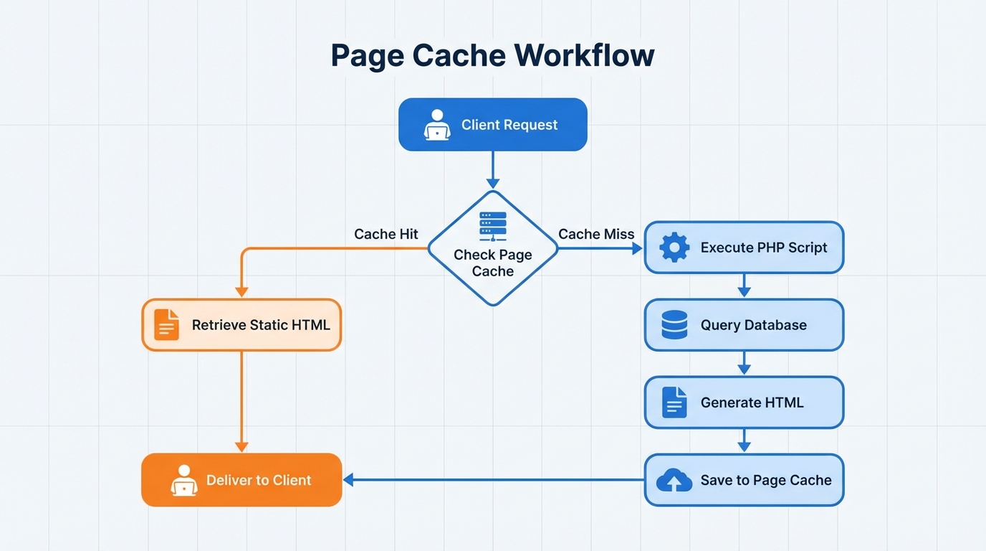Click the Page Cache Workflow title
492,56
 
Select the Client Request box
492,125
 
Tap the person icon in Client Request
436,125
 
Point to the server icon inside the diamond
492,226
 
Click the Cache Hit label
386,234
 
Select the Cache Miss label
596,234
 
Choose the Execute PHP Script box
744,248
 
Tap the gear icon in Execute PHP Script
674,248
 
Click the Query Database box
744,325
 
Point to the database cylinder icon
674,325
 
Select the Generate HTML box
744,402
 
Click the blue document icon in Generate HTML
674,402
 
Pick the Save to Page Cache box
744,480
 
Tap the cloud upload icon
674,481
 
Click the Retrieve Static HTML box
241,325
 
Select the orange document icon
166,325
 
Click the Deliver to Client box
241,480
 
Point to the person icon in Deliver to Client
184,480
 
